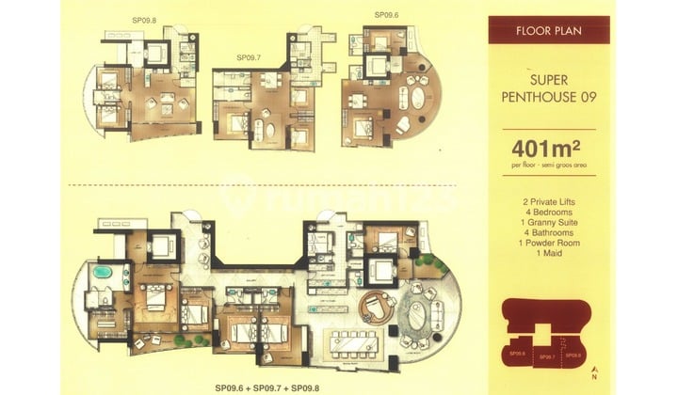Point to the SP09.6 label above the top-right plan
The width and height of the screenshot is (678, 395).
(386, 14)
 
